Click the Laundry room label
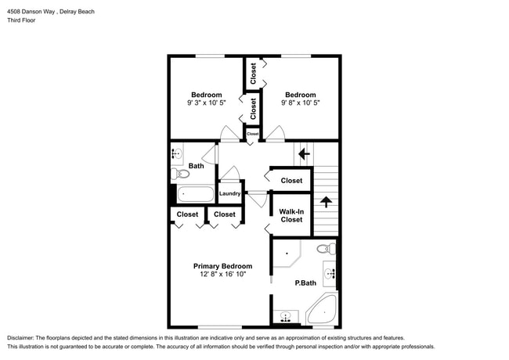[x=229, y=193]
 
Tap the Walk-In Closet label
[x=291, y=214]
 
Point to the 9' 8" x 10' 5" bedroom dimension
[x=300, y=103]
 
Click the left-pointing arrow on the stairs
[x=304, y=154]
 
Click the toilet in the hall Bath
[x=178, y=174]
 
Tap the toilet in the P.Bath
[x=327, y=250]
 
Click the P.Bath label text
[x=305, y=283]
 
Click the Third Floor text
[x=21, y=20]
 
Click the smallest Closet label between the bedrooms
[x=252, y=134]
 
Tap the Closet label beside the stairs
[x=291, y=181]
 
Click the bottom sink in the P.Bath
[x=287, y=318]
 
